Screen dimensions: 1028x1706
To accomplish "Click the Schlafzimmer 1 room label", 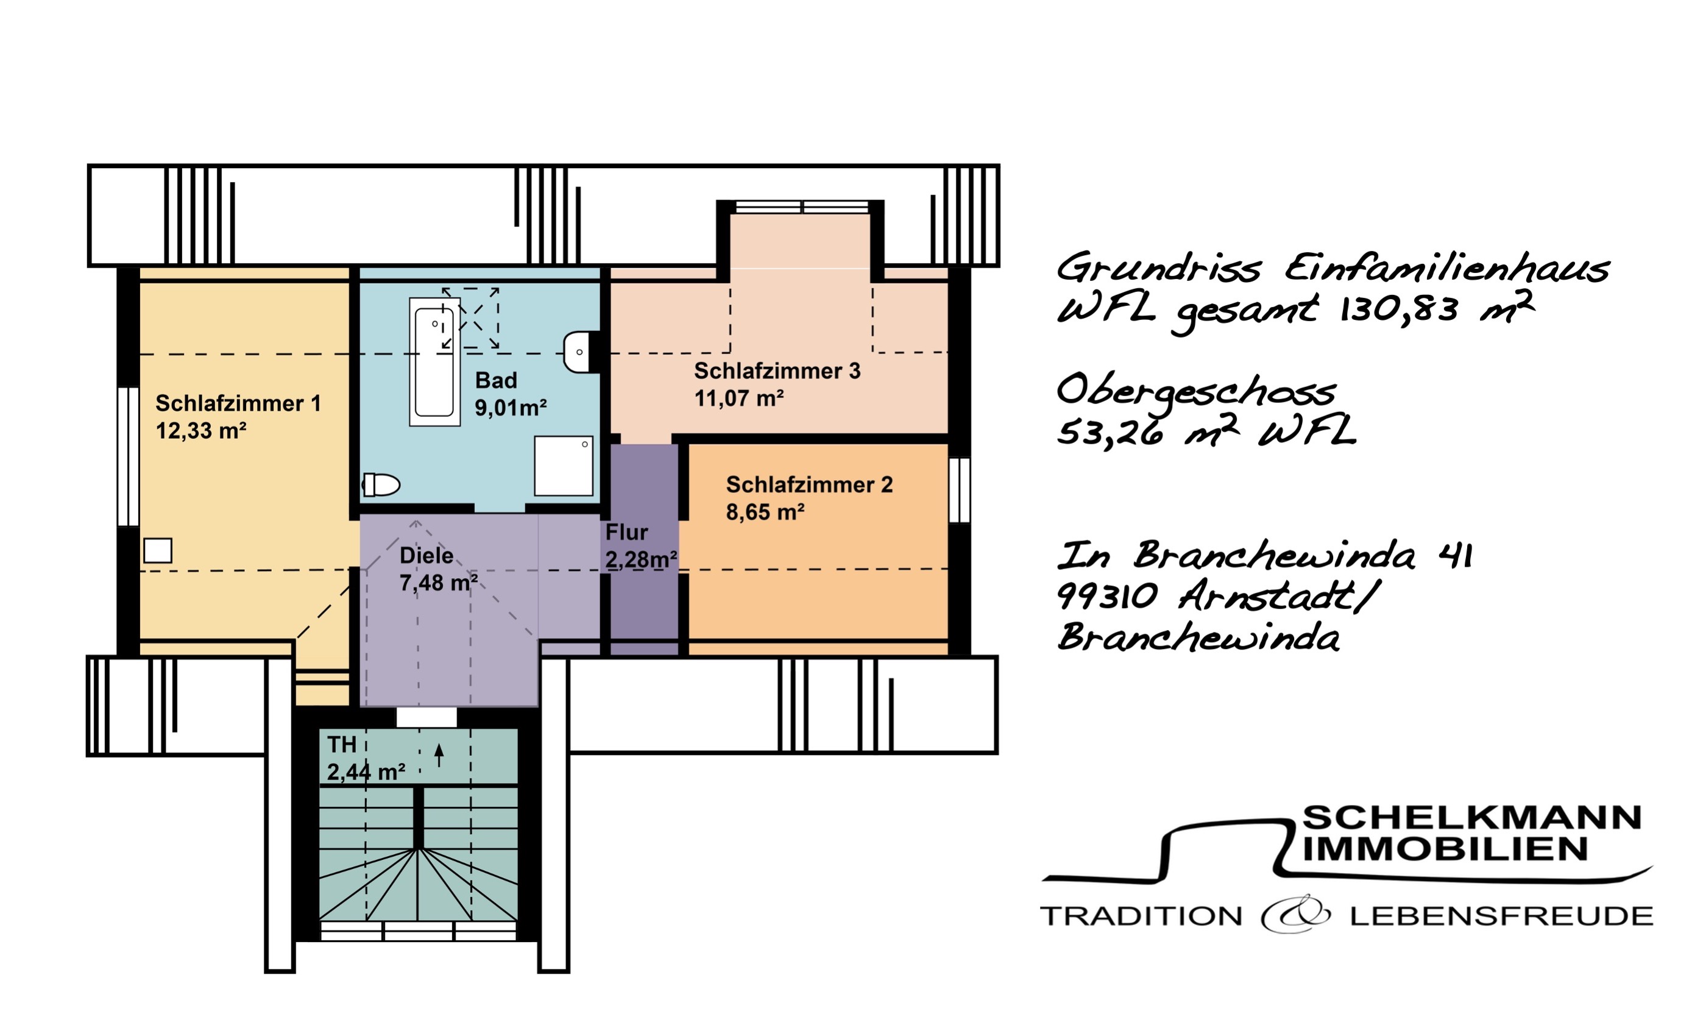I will click(x=238, y=403).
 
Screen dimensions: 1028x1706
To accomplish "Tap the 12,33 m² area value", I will click(x=201, y=431).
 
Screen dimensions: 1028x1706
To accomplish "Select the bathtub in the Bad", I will click(x=434, y=361).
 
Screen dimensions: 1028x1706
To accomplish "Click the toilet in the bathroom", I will click(x=381, y=484).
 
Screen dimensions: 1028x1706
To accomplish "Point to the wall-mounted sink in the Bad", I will click(x=579, y=352).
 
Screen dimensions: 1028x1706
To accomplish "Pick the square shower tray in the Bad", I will click(x=563, y=466).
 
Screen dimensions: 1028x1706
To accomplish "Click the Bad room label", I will click(x=496, y=380).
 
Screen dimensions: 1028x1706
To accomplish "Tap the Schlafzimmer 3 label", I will click(x=777, y=371).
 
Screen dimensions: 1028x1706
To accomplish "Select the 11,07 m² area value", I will click(x=738, y=399).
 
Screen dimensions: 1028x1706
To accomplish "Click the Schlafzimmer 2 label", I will click(x=809, y=484).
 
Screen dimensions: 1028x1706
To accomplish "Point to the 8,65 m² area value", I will click(x=765, y=512).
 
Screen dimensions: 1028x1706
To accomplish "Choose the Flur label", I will click(x=626, y=533).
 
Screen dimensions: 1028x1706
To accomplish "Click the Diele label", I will click(x=426, y=555).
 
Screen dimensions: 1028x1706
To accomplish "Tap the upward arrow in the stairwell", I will click(x=439, y=754).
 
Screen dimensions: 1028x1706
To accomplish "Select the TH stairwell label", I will click(x=341, y=745).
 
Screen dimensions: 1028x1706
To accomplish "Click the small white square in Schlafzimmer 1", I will click(x=158, y=551).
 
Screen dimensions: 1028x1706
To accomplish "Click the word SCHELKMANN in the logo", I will click(x=1471, y=818).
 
